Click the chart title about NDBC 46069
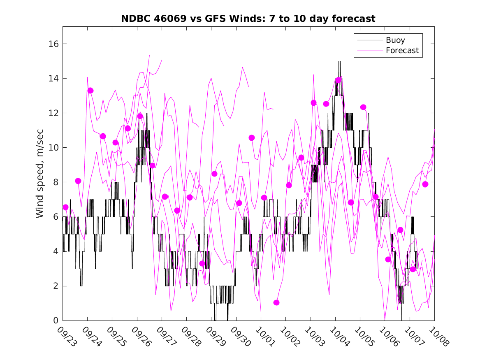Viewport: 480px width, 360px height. [x=248, y=19]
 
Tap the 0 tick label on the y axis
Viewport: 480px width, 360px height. [x=56, y=321]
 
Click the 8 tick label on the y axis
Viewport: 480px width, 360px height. [x=56, y=182]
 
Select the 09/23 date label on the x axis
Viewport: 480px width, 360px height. [x=67, y=336]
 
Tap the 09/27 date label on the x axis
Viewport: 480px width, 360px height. [x=166, y=336]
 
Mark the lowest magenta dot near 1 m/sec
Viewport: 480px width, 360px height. [x=276, y=302]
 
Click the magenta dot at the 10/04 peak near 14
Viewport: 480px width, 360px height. [x=338, y=80]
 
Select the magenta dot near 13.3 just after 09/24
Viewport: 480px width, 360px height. [x=90, y=91]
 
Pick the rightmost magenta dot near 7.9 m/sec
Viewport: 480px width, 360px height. [x=425, y=184]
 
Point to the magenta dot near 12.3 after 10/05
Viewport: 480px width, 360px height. [x=363, y=107]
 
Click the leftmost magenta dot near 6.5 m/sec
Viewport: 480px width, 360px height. [x=65, y=207]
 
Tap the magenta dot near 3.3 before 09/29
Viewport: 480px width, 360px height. [x=202, y=263]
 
